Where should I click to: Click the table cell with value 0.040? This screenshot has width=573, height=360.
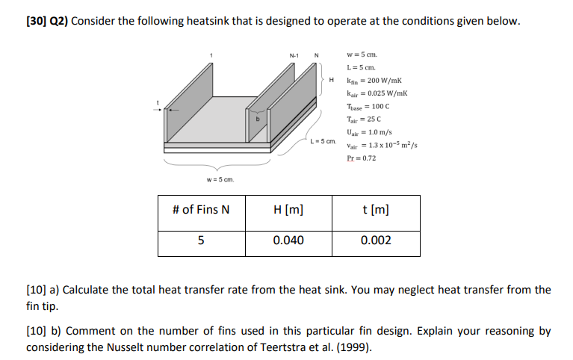click(x=288, y=240)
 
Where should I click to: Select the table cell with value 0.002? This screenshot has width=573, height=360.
click(x=376, y=240)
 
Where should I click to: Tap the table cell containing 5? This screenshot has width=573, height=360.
click(x=201, y=240)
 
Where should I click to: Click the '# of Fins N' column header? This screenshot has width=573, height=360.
click(x=201, y=209)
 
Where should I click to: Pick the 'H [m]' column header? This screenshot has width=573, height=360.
click(x=288, y=209)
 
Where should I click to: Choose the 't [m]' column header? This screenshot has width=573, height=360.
click(x=376, y=209)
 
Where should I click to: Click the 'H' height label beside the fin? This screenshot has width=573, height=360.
click(x=329, y=80)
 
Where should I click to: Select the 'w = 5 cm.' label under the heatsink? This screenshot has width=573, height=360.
click(x=220, y=179)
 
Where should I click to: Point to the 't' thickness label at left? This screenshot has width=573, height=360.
click(x=158, y=102)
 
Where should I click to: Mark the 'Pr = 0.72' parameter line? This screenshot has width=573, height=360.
click(x=362, y=158)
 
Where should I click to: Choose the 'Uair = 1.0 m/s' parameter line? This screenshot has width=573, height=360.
click(x=368, y=132)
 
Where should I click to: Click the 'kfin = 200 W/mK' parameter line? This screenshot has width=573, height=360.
click(x=371, y=80)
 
